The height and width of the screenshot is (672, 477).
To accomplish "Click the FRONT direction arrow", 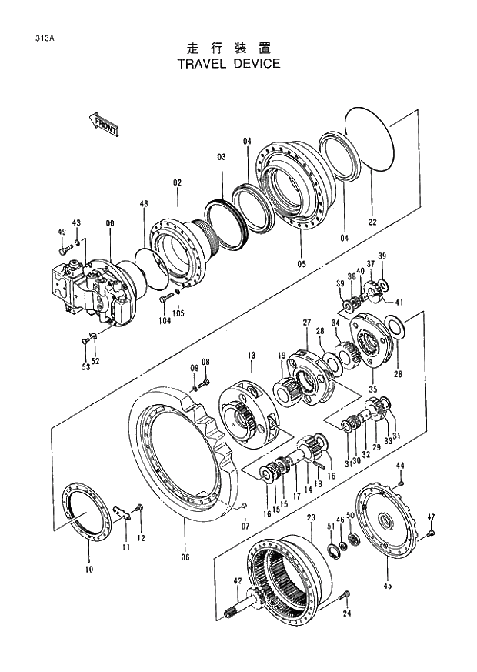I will [x=104, y=124].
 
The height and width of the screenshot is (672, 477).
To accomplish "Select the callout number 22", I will [x=372, y=222].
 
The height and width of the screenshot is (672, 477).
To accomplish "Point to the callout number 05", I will [x=302, y=264].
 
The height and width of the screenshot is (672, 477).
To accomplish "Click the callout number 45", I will [x=388, y=586].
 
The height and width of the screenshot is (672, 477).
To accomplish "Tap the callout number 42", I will [x=238, y=581].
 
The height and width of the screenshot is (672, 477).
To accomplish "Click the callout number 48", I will [x=144, y=204].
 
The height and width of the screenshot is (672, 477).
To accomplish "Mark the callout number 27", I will [x=306, y=322].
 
